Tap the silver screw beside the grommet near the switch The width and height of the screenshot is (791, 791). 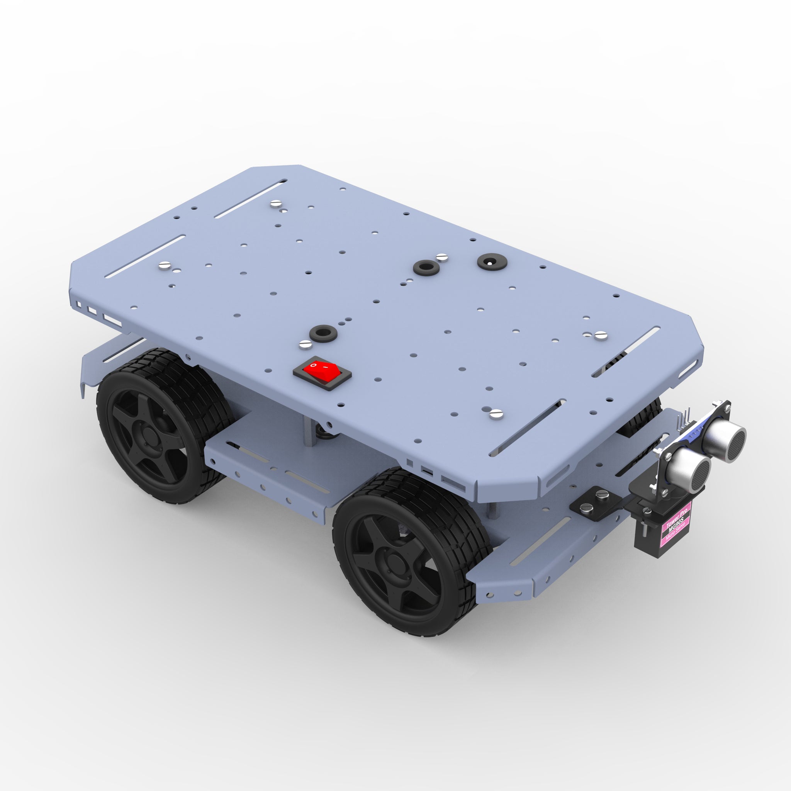click(x=306, y=344)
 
